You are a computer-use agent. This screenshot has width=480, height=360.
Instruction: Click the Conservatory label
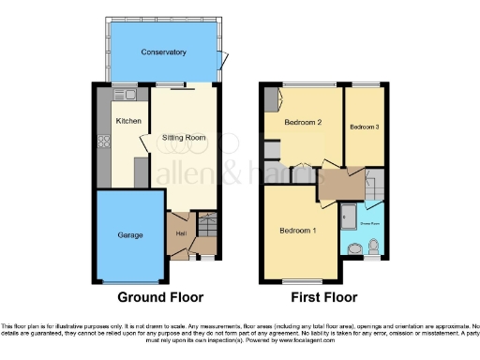click(164, 52)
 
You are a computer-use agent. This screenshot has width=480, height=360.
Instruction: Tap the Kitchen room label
click(127, 121)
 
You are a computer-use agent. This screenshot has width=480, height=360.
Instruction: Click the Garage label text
click(129, 235)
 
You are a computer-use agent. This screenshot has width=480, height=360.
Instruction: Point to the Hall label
click(179, 233)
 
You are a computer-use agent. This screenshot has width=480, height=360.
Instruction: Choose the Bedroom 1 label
click(298, 230)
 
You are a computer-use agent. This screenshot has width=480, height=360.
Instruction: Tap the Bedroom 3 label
click(365, 127)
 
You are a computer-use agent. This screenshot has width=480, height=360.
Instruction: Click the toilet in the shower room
click(373, 247)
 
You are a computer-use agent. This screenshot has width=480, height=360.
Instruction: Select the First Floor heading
click(323, 298)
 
